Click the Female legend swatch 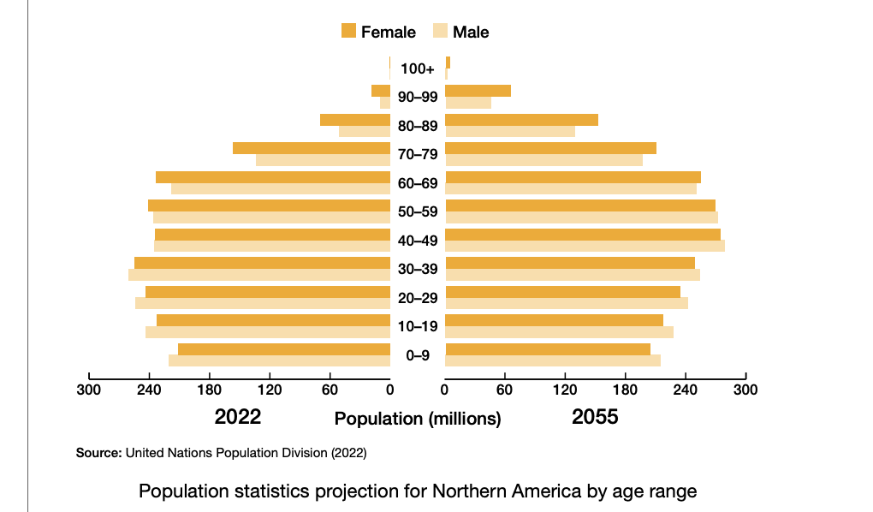348,32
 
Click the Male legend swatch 440,32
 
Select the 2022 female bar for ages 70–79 312,148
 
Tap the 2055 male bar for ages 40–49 585,246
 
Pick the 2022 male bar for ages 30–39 259,275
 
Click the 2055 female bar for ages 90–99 478,91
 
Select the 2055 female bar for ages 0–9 548,348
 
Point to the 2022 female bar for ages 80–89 355,120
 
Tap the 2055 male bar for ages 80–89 510,131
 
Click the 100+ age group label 418,68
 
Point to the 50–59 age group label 418,211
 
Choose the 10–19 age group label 418,326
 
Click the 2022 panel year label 237,417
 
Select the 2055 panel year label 595,417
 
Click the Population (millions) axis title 418,419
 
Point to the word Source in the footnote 98,452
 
